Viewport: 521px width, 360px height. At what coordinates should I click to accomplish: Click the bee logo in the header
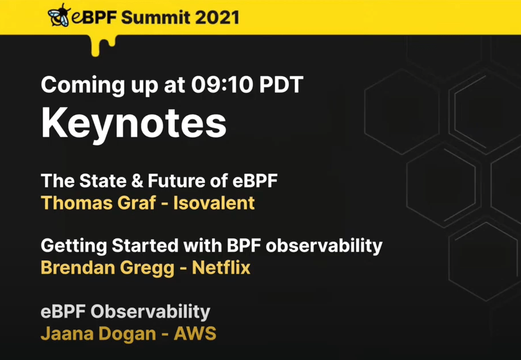click(x=59, y=15)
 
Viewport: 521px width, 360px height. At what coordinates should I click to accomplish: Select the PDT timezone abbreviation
click(x=281, y=85)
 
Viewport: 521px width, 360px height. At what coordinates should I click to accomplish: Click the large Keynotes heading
click(x=134, y=123)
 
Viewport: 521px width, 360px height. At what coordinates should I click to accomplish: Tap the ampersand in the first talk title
click(x=136, y=181)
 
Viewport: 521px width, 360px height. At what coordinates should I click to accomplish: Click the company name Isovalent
click(x=214, y=203)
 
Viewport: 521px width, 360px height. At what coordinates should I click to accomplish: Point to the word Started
click(x=145, y=246)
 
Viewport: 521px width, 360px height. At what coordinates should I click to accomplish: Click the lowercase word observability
click(x=324, y=247)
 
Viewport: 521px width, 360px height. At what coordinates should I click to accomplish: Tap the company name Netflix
click(x=221, y=268)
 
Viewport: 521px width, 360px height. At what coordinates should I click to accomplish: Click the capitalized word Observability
click(x=150, y=312)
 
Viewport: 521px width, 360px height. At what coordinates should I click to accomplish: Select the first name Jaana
click(x=67, y=334)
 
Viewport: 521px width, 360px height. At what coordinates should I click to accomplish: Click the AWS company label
click(x=195, y=334)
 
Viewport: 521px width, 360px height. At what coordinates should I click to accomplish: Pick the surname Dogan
click(x=128, y=334)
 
